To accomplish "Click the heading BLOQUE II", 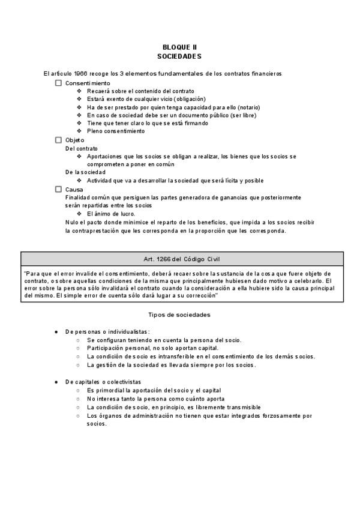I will click(x=179, y=47).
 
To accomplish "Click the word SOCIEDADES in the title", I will click(x=179, y=56).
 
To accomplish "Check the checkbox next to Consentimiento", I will click(x=59, y=83).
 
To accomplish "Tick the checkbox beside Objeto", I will click(x=59, y=140).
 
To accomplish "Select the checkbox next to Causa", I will click(x=59, y=188).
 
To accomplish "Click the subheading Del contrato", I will click(x=82, y=148).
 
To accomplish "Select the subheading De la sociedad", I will click(x=85, y=172).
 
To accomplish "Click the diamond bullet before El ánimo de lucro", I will click(x=79, y=213).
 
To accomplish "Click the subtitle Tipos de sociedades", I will click(x=179, y=315).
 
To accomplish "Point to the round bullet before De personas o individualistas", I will click(x=56, y=331).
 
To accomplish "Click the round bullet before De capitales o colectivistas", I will click(x=56, y=381).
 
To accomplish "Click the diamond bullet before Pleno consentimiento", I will click(x=79, y=131).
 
